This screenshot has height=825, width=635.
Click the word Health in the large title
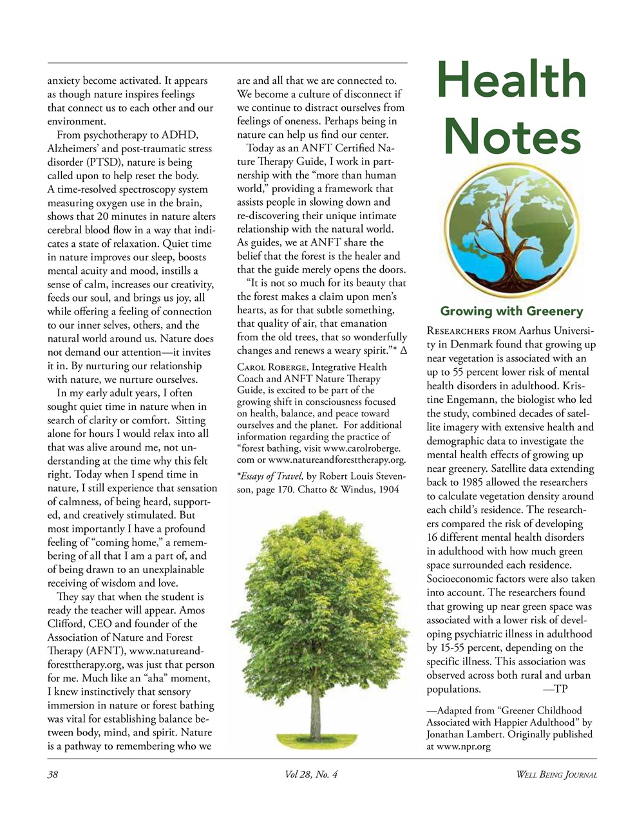tap(512, 81)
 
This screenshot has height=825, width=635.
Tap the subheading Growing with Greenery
tap(511, 312)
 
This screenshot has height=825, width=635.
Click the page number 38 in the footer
tap(53, 775)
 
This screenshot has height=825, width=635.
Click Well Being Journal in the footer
tap(556, 775)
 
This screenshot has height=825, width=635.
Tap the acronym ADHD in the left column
tap(181, 135)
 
